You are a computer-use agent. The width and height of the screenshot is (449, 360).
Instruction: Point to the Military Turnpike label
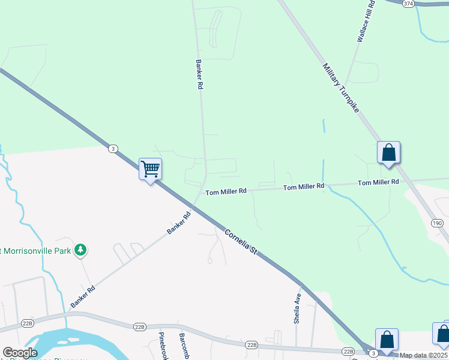340,88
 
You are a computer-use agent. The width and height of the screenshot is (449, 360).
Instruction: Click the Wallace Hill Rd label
366,21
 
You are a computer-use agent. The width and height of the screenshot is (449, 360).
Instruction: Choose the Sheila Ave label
297,309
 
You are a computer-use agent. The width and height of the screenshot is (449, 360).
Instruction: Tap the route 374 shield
409,4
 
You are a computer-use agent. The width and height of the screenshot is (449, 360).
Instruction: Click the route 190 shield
437,223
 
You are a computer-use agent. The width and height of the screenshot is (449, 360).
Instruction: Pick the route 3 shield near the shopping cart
112,148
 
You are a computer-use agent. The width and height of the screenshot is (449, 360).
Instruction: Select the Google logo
20,353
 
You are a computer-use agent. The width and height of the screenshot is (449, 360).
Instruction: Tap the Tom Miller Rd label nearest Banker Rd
226,192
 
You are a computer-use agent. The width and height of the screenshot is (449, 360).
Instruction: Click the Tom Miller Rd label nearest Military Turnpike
378,182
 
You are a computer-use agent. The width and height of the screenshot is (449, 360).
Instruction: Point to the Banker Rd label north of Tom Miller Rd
199,74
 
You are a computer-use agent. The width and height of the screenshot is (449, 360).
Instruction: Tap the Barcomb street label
182,346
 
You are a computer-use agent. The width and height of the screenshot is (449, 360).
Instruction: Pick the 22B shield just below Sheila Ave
348,351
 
